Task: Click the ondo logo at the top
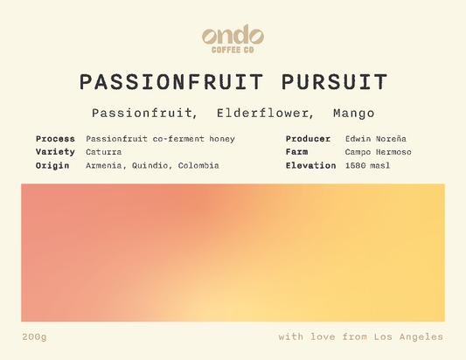[233, 35]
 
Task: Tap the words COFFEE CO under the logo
[233, 50]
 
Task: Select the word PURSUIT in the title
[335, 82]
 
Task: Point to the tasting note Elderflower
[261, 114]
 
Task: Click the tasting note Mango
[353, 114]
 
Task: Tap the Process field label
[55, 139]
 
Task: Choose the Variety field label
[55, 152]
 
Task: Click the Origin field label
[52, 165]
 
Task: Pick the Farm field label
[297, 152]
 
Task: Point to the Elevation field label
[310, 165]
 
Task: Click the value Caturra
[104, 152]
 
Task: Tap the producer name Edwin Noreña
[376, 139]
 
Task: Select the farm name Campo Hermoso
[378, 152]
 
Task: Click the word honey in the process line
[220, 139]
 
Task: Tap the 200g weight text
[34, 336]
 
